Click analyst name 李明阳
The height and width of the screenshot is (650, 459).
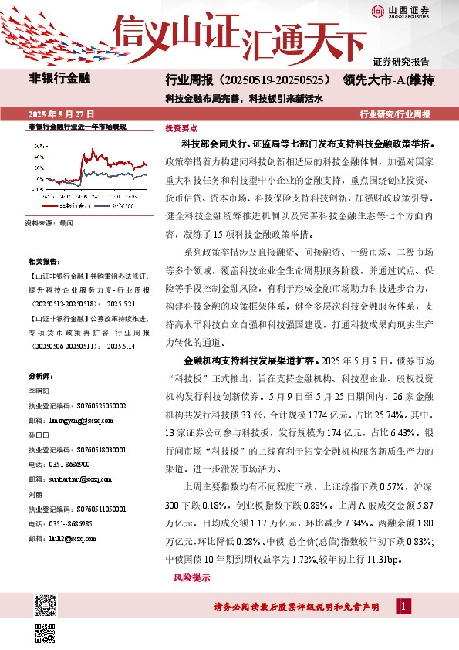[x=38, y=391]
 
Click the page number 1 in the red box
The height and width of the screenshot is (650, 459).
[x=402, y=607]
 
